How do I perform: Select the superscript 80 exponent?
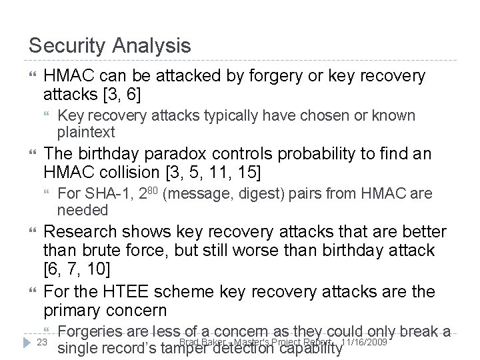click(152, 191)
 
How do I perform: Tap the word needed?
click(83, 210)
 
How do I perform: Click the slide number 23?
click(41, 341)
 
